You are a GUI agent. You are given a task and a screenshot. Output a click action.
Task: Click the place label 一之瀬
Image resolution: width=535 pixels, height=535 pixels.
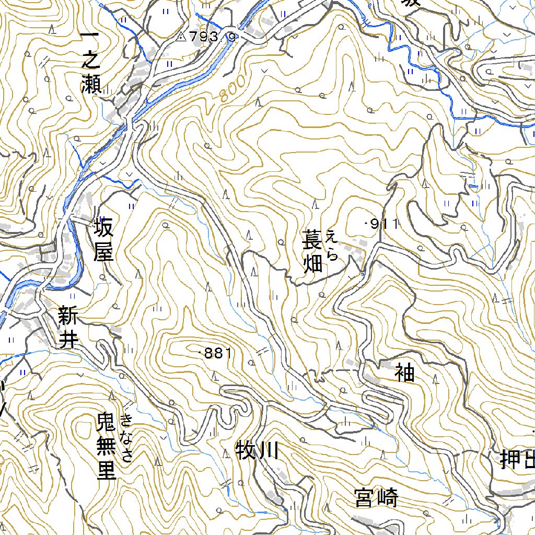tap(91, 62)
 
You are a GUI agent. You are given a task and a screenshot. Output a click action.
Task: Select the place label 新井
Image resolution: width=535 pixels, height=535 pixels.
tap(68, 328)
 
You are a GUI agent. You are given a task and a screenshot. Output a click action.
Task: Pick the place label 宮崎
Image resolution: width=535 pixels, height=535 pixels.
tap(376, 498)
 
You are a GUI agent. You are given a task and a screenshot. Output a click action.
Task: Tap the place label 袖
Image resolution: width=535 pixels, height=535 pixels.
tap(404, 373)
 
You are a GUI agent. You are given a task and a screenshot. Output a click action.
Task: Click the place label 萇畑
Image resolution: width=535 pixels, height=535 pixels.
tap(313, 253)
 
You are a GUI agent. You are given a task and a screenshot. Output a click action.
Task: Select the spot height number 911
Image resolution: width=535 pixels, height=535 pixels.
tap(385, 225)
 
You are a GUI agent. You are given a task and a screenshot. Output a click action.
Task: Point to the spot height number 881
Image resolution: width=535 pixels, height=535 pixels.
tap(217, 354)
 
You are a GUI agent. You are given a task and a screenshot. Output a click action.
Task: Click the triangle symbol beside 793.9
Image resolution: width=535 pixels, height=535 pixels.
tap(181, 37)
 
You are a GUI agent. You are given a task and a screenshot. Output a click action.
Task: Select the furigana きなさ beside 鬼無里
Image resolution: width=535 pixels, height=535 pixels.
tap(127, 437)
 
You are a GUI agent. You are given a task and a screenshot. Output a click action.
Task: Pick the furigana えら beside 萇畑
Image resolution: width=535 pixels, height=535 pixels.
tap(332, 245)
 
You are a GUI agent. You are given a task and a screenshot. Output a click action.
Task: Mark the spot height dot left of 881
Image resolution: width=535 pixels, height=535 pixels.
tap(201, 354)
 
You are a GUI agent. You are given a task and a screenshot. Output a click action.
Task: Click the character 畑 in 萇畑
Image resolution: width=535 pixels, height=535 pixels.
tap(313, 265)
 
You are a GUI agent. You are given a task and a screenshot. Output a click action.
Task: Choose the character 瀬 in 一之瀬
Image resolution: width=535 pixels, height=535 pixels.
tap(91, 84)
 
